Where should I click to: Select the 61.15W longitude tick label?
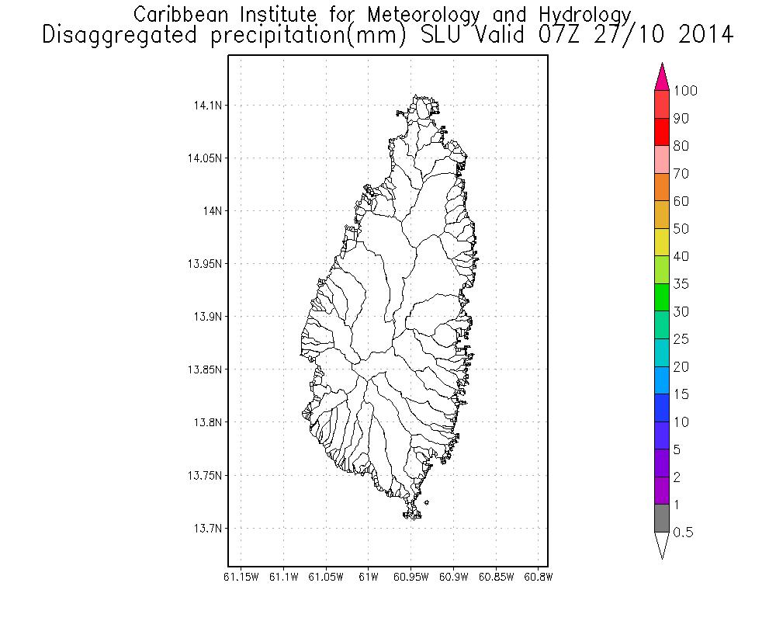tap(241, 577)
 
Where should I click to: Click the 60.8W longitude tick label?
tap(539, 577)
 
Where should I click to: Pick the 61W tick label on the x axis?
tap(369, 577)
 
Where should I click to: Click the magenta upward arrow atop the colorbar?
tap(662, 76)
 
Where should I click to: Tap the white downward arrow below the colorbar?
tap(662, 545)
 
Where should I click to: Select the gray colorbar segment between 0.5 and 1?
tap(662, 518)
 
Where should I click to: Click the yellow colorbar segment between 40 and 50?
tap(662, 242)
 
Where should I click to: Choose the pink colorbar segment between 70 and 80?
tap(662, 159)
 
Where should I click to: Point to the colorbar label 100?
tap(685, 91)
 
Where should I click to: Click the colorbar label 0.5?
tap(683, 533)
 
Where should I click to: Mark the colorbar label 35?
tap(681, 284)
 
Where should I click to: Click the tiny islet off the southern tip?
tap(427, 503)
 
